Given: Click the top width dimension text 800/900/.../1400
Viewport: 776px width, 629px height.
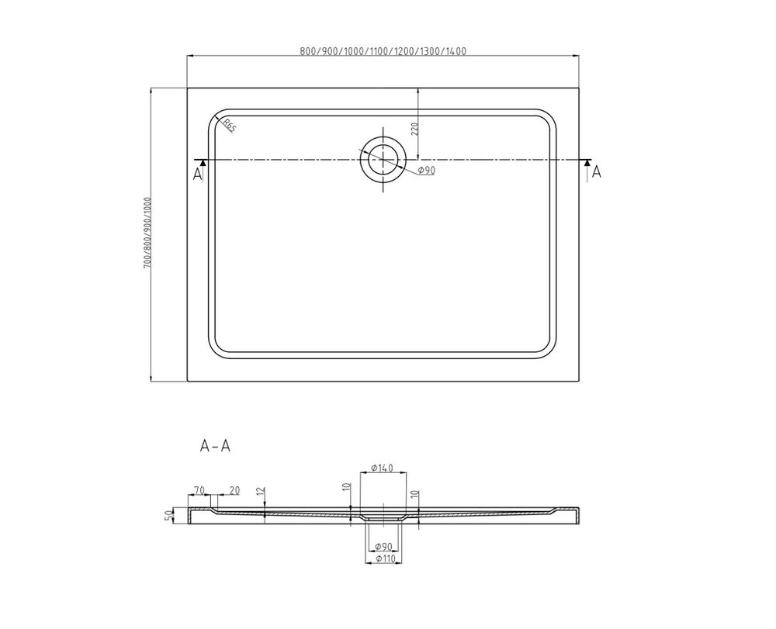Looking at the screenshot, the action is [x=383, y=51].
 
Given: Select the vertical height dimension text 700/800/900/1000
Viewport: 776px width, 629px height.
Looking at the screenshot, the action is [x=147, y=233].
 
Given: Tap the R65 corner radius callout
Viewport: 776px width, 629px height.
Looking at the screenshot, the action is [x=230, y=126].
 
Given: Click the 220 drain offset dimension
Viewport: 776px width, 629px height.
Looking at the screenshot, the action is [x=415, y=129].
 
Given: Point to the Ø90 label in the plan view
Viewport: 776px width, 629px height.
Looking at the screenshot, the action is [x=426, y=170].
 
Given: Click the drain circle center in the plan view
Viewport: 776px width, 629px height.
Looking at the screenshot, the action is [x=383, y=160].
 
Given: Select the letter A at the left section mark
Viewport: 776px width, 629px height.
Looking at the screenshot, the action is [x=197, y=174].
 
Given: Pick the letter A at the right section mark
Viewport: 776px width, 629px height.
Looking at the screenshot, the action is [x=597, y=171].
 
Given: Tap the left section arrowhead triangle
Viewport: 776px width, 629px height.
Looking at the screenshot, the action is [x=202, y=163].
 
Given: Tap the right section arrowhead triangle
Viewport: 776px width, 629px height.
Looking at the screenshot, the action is [x=587, y=163].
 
